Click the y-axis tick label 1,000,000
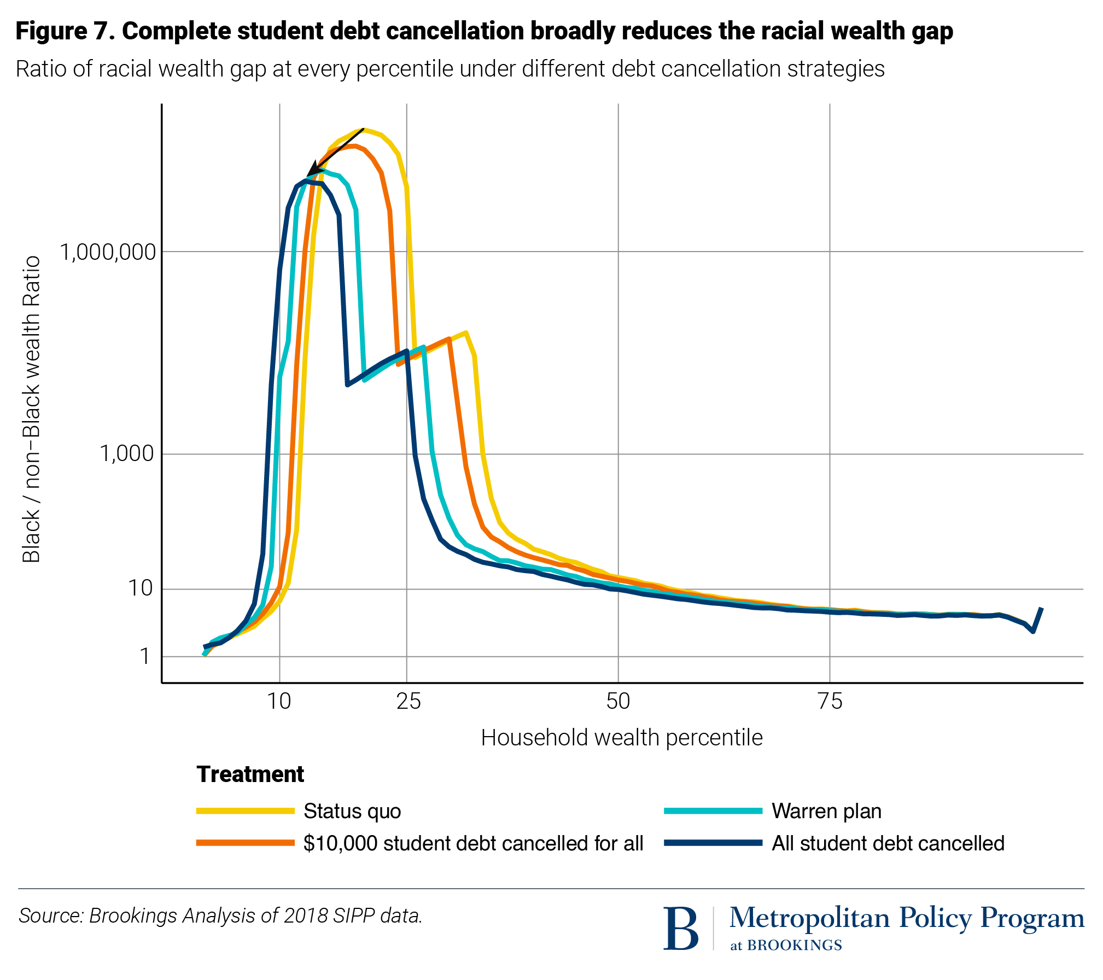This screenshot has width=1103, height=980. click(x=107, y=253)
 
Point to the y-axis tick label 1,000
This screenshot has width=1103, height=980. click(x=126, y=454)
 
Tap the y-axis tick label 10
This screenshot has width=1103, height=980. click(x=140, y=589)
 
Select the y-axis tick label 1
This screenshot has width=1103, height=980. click(x=144, y=656)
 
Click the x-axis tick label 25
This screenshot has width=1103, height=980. click(x=408, y=702)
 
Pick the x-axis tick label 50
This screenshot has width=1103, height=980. click(x=618, y=702)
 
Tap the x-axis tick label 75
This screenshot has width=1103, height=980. click(x=830, y=702)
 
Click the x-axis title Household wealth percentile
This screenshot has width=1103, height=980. click(x=621, y=738)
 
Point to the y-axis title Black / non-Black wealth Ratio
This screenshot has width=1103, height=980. click(x=31, y=409)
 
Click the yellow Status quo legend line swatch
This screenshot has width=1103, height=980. click(x=246, y=811)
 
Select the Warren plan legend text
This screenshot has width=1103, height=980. click(x=826, y=811)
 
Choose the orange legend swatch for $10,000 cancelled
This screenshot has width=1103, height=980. click(x=246, y=843)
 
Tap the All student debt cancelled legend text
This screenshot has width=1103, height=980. click(x=888, y=843)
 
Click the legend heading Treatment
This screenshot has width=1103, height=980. click(x=250, y=774)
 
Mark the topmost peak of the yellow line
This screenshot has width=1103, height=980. click(x=365, y=130)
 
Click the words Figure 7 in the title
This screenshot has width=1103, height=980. click(x=64, y=31)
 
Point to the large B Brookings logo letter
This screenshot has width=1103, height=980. click(x=680, y=929)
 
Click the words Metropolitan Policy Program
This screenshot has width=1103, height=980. click(x=906, y=919)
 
